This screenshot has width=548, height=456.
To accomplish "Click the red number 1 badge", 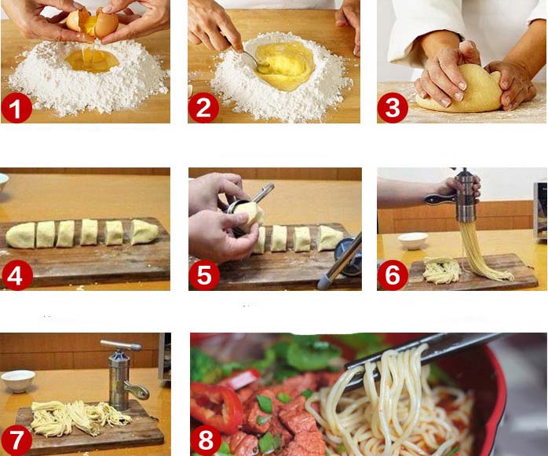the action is (16, 108).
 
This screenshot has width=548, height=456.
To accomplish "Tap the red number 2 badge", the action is (203, 108).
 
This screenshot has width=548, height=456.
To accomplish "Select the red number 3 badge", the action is (392, 108).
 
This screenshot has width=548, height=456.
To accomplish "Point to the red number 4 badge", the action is (16, 275).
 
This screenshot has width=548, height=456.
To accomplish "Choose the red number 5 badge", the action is (204, 275).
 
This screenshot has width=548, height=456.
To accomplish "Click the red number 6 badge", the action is (393, 275).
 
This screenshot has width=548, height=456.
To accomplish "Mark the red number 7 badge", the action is (16, 440).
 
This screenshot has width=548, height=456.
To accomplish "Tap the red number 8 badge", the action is (206, 440).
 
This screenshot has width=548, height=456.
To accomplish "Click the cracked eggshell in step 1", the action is (93, 23).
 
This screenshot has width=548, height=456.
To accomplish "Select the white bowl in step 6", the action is (413, 241).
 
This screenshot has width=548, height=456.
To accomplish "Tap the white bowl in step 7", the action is (18, 381).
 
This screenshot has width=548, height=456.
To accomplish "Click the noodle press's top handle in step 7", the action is (121, 345).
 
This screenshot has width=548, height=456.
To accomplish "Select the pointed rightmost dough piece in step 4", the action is (144, 231).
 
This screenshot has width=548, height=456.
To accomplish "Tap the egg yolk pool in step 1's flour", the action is (92, 61).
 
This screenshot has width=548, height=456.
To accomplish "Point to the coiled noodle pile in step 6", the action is (441, 270).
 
